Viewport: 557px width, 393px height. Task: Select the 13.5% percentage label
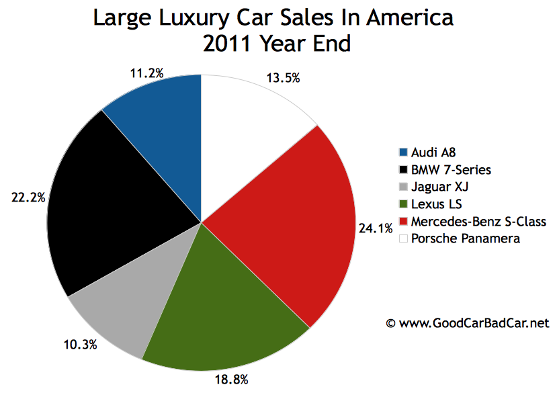pyautogui.click(x=284, y=78)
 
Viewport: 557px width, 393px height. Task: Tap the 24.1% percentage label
pyautogui.click(x=376, y=228)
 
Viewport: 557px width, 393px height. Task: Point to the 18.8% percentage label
pyautogui.click(x=232, y=380)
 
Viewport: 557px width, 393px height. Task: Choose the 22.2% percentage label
pyautogui.click(x=28, y=198)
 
